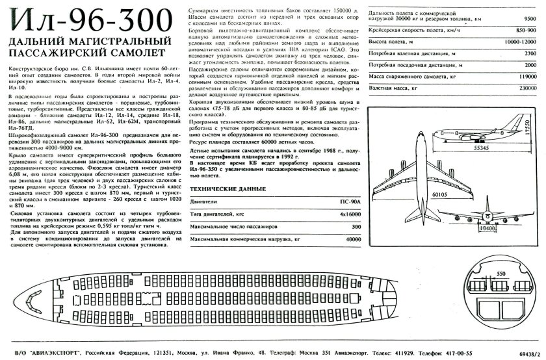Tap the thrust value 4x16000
tap(349, 214)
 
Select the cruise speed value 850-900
tap(526, 31)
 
